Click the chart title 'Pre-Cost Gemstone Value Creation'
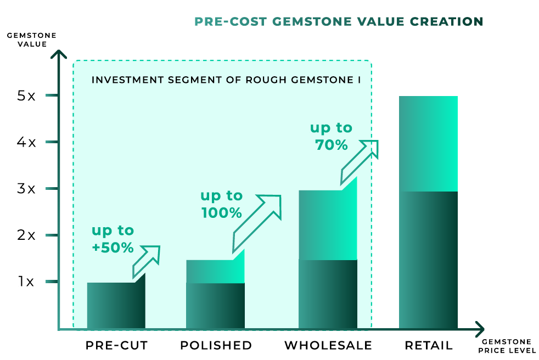coord(339,21)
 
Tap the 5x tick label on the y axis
coord(26,95)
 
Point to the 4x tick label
coord(26,142)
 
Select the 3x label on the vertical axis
coord(26,188)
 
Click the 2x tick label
coord(26,235)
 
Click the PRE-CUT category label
coord(116,345)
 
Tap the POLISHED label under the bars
coord(216,345)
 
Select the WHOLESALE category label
coord(328,345)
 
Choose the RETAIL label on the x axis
coord(429,345)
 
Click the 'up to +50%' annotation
coord(113,239)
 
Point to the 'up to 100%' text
coord(222,204)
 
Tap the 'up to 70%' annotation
coord(332,136)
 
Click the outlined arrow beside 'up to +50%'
coord(147,261)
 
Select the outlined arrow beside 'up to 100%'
coord(257,223)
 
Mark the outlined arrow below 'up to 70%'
coord(360,161)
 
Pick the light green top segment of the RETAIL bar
coord(428,144)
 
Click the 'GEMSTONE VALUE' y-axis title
coord(32,40)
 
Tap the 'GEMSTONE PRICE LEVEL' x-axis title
coord(507,346)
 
